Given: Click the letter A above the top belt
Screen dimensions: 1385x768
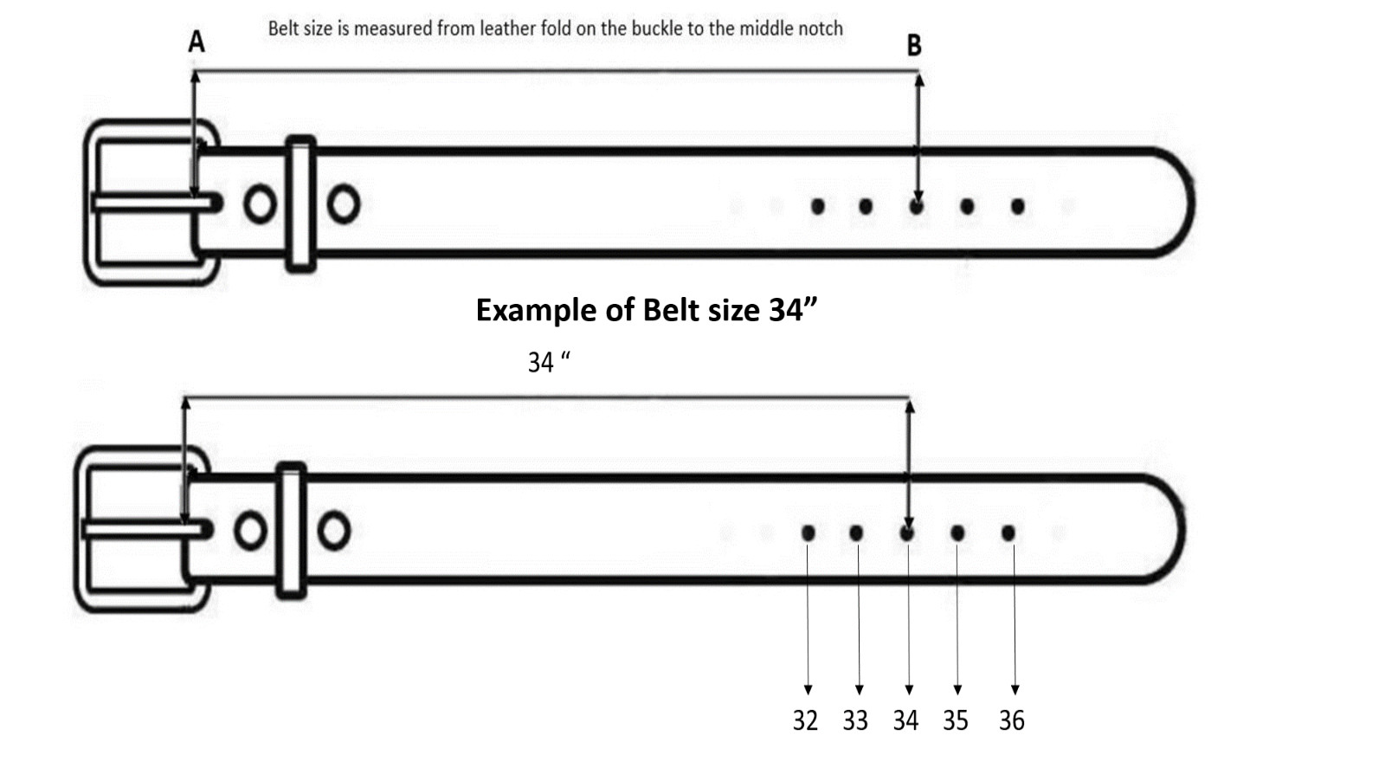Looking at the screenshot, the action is coord(196,42).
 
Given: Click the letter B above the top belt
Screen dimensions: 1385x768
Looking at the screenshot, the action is coord(914,45).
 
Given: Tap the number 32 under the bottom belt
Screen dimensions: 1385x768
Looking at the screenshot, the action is coord(805,720).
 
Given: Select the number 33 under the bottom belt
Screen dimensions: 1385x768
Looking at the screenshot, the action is coord(855,720).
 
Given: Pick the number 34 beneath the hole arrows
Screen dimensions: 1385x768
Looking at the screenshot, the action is coord(905,720).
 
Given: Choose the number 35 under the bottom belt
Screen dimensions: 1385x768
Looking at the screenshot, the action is coord(956,720).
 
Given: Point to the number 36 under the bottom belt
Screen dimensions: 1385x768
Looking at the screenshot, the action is coord(1012,720).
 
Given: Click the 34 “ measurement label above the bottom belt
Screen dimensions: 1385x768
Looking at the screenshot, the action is coord(549,362).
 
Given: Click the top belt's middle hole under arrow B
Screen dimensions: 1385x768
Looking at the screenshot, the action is coord(917,207).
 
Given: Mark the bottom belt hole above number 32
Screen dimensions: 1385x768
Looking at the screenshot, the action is coord(808,532).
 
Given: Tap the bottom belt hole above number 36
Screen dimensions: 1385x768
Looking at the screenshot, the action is coord(1008,532).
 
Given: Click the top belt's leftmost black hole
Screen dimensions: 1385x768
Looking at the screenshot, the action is coord(817,207).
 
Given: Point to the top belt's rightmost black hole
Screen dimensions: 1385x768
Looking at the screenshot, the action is coord(1018,207).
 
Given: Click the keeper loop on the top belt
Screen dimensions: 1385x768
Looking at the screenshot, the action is coord(300,203).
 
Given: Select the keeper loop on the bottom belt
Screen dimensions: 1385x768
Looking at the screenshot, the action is coord(291,530).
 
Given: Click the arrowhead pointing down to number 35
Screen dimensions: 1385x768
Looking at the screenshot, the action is coord(957,690).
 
